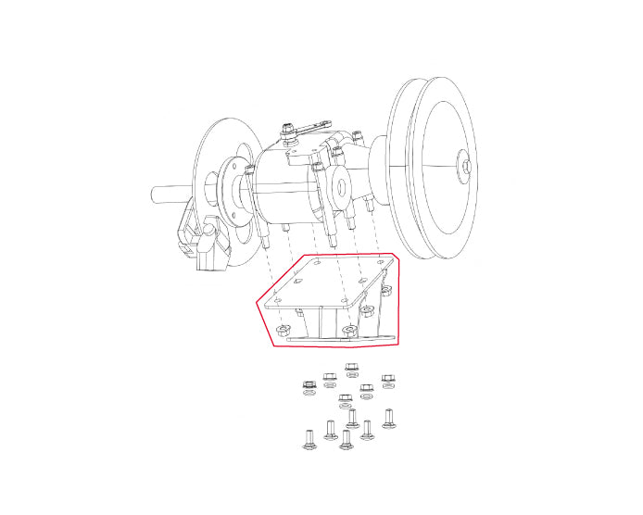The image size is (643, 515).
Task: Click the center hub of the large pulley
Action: click(466, 166)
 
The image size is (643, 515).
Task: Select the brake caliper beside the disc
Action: click(208, 243)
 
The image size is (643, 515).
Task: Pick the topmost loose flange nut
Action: click(352, 370)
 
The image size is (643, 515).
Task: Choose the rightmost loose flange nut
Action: click(389, 380)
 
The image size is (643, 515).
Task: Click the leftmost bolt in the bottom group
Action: click(309, 437)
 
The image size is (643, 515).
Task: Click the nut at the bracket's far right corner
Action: click(387, 290)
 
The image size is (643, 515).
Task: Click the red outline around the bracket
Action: click(263, 315)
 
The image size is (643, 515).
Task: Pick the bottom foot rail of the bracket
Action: click(343, 339)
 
